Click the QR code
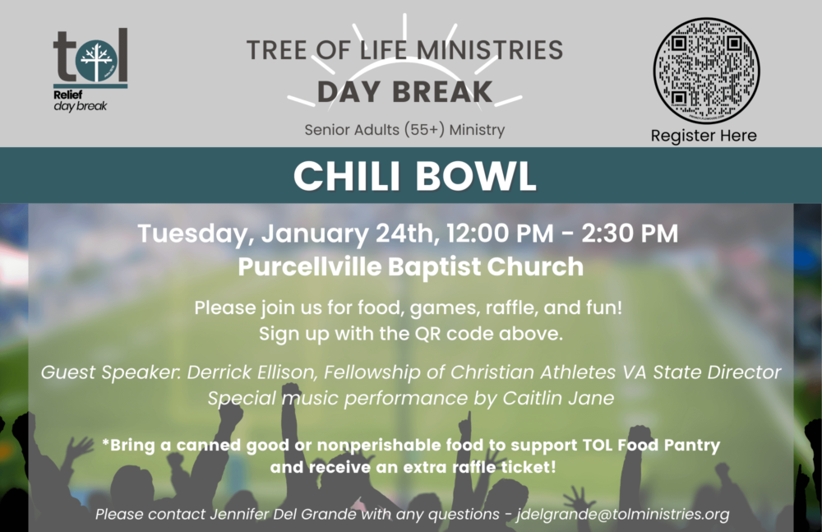pyautogui.click(x=706, y=71)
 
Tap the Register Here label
pyautogui.click(x=704, y=136)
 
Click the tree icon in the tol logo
pyautogui.click(x=96, y=61)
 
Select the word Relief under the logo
pyautogui.click(x=67, y=95)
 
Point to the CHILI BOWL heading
pyautogui.click(x=414, y=176)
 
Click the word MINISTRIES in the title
pyautogui.click(x=490, y=50)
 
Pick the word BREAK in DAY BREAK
pyautogui.click(x=442, y=92)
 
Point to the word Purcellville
pyautogui.click(x=310, y=266)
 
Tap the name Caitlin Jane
pyautogui.click(x=558, y=398)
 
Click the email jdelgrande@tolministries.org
pyautogui.click(x=623, y=514)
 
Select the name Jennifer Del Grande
pyautogui.click(x=283, y=514)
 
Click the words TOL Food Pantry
pyautogui.click(x=651, y=445)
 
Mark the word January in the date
pyautogui.click(x=315, y=234)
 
